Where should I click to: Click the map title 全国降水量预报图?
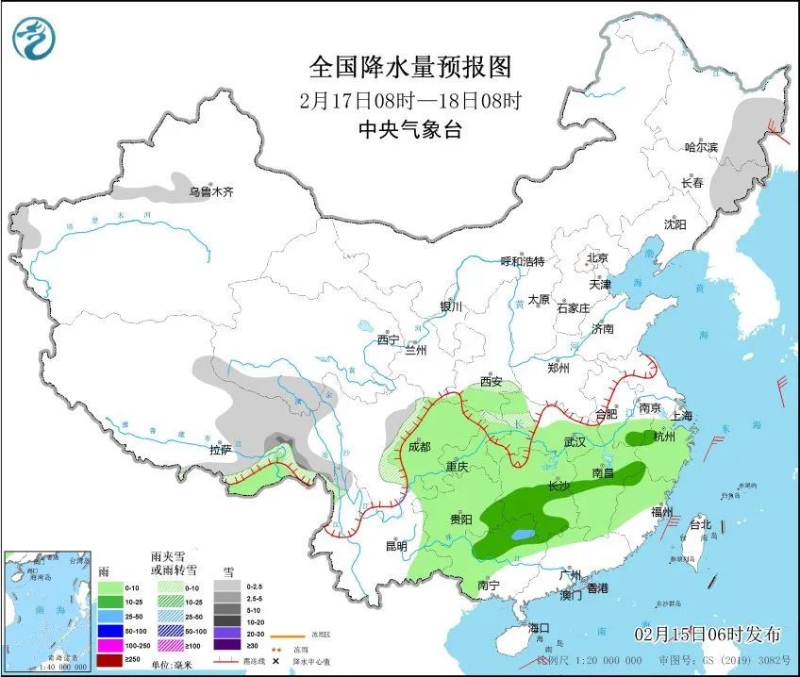[x=410, y=67]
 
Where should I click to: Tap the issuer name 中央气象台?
[x=410, y=130]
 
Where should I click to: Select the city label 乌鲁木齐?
[x=209, y=191]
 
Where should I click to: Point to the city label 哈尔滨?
[x=701, y=147]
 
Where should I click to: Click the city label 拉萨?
[x=221, y=451]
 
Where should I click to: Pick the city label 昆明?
[x=395, y=546]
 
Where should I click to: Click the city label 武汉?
[x=575, y=441]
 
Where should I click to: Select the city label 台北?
[x=701, y=522]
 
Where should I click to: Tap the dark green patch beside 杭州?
[x=642, y=436]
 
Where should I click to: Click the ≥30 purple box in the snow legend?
[x=226, y=645]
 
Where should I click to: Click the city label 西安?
[x=492, y=382]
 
